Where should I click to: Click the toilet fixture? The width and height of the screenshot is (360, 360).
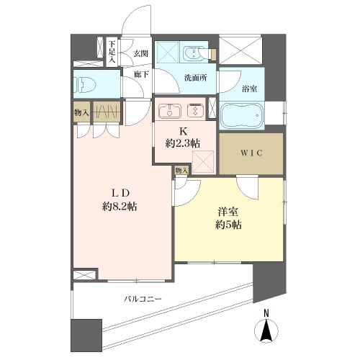tap(85, 85)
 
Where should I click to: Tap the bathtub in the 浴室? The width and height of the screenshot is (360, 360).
tap(242, 116)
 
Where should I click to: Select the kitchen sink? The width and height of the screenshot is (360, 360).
tap(170, 111)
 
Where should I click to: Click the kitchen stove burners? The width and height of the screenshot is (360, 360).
tap(196, 111)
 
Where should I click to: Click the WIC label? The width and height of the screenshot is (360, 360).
tap(251, 153)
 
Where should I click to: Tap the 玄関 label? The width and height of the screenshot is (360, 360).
tap(140, 53)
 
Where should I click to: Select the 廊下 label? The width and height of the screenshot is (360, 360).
tap(141, 74)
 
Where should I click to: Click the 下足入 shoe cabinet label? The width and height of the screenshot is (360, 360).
tap(112, 52)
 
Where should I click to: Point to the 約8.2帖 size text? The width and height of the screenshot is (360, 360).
tap(120, 206)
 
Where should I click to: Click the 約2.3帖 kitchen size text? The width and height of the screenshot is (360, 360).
tap(183, 143)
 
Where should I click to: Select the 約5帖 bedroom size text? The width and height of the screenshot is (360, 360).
tap(228, 225)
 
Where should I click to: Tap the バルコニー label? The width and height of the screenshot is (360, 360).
tap(143, 299)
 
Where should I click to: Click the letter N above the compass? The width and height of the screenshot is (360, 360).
tap(266, 313)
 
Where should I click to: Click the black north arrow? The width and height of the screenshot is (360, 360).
tap(266, 330)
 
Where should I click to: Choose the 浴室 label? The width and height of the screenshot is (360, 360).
tap(250, 89)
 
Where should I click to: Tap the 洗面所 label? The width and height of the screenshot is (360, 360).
tap(195, 78)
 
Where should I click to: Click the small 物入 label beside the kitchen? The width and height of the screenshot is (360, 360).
tap(181, 171)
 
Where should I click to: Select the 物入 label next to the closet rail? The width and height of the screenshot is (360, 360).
tap(82, 112)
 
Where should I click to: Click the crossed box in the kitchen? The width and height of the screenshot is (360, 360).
tap(203, 161)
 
